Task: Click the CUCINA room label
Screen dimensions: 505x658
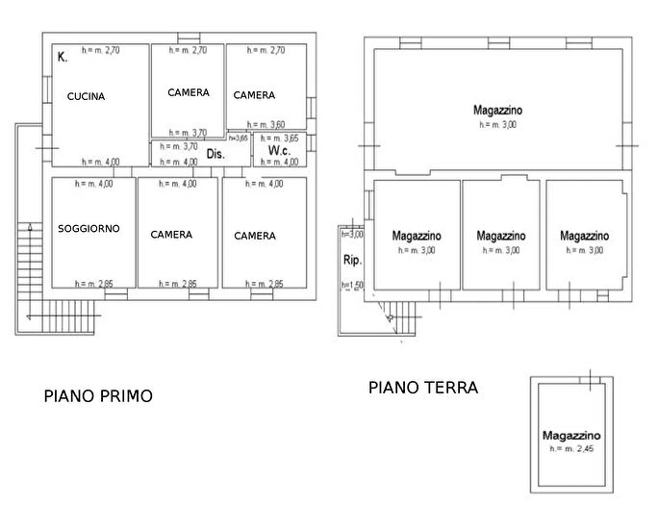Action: pos(86,97)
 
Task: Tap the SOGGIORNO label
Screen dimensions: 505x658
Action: pos(89,229)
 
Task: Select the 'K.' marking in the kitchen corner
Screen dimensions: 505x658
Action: pos(62,58)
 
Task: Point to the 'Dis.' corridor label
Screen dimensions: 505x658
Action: pos(215,154)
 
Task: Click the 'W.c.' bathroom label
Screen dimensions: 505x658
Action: pos(280,152)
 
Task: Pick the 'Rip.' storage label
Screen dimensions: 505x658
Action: pos(351,260)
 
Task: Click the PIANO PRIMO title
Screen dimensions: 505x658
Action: pos(98,395)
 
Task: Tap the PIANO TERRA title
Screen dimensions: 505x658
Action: pos(422,388)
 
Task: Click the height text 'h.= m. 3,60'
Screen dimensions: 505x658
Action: pos(266,125)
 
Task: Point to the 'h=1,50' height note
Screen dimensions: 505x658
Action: pos(351,286)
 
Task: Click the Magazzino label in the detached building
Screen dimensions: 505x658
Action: pos(571,436)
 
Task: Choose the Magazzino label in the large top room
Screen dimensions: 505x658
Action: pos(497,111)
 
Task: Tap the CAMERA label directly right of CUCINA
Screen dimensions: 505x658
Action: pos(188,93)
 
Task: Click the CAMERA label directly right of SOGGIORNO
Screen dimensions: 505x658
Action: pos(171,235)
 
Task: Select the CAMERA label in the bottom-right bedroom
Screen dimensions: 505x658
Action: pos(254,236)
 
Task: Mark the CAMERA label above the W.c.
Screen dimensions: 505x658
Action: pos(254,95)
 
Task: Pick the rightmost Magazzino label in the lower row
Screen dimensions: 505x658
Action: pos(584,236)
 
